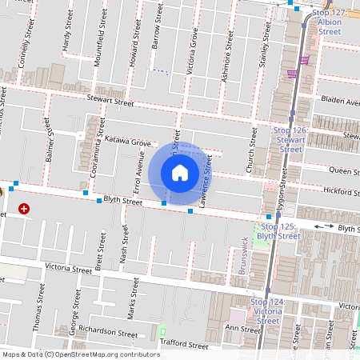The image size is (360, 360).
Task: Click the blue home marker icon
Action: [180, 172]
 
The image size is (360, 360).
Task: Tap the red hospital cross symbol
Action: [24, 208]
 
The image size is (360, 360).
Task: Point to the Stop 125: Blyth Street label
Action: [281, 231]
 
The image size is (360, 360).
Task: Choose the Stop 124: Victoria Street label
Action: [267, 311]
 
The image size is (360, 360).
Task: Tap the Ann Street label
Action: [243, 329]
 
